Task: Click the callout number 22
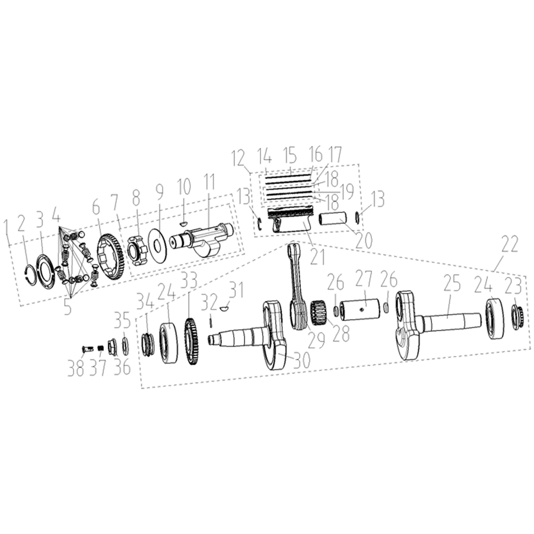(x=509, y=244)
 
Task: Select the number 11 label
(x=209, y=183)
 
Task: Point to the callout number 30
(x=301, y=360)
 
